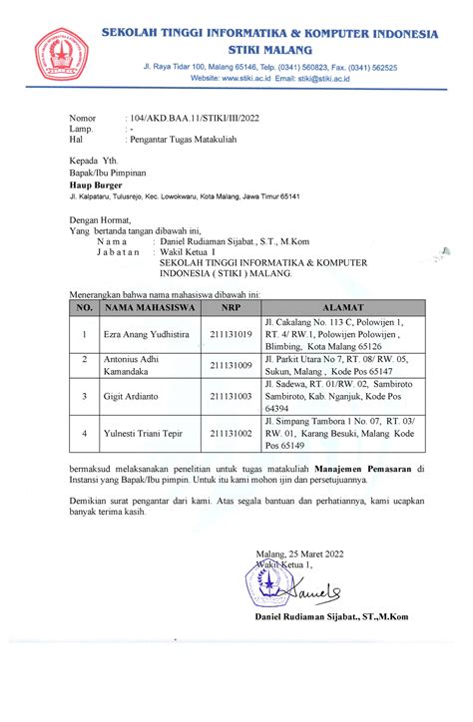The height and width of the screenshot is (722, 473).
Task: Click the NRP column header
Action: point(230,308)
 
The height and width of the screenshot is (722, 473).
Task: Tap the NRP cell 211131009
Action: point(230,365)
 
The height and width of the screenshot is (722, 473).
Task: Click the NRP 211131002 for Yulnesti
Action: point(230,434)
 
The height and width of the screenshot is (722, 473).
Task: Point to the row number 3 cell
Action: point(85,396)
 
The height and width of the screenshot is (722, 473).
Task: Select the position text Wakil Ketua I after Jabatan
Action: point(189,252)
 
